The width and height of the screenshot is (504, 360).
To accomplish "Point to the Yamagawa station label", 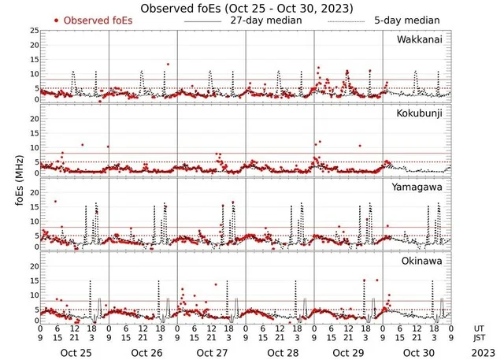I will pos(421,187).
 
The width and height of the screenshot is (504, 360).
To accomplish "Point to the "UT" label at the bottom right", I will pos(480,328).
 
